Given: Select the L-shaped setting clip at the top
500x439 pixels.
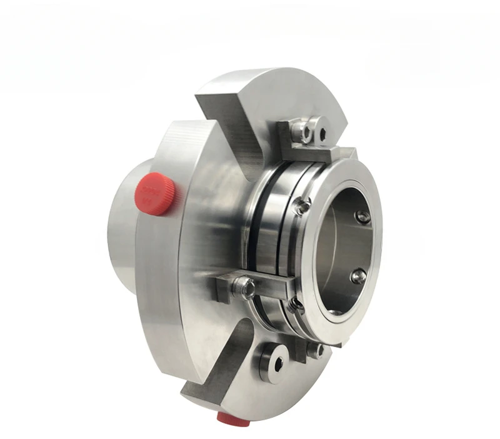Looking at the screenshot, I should (312, 143).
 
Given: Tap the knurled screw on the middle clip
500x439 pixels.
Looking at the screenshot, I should (243, 288).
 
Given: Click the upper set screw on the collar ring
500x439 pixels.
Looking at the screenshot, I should (302, 206).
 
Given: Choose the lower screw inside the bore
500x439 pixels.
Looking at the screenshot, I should (358, 276).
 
